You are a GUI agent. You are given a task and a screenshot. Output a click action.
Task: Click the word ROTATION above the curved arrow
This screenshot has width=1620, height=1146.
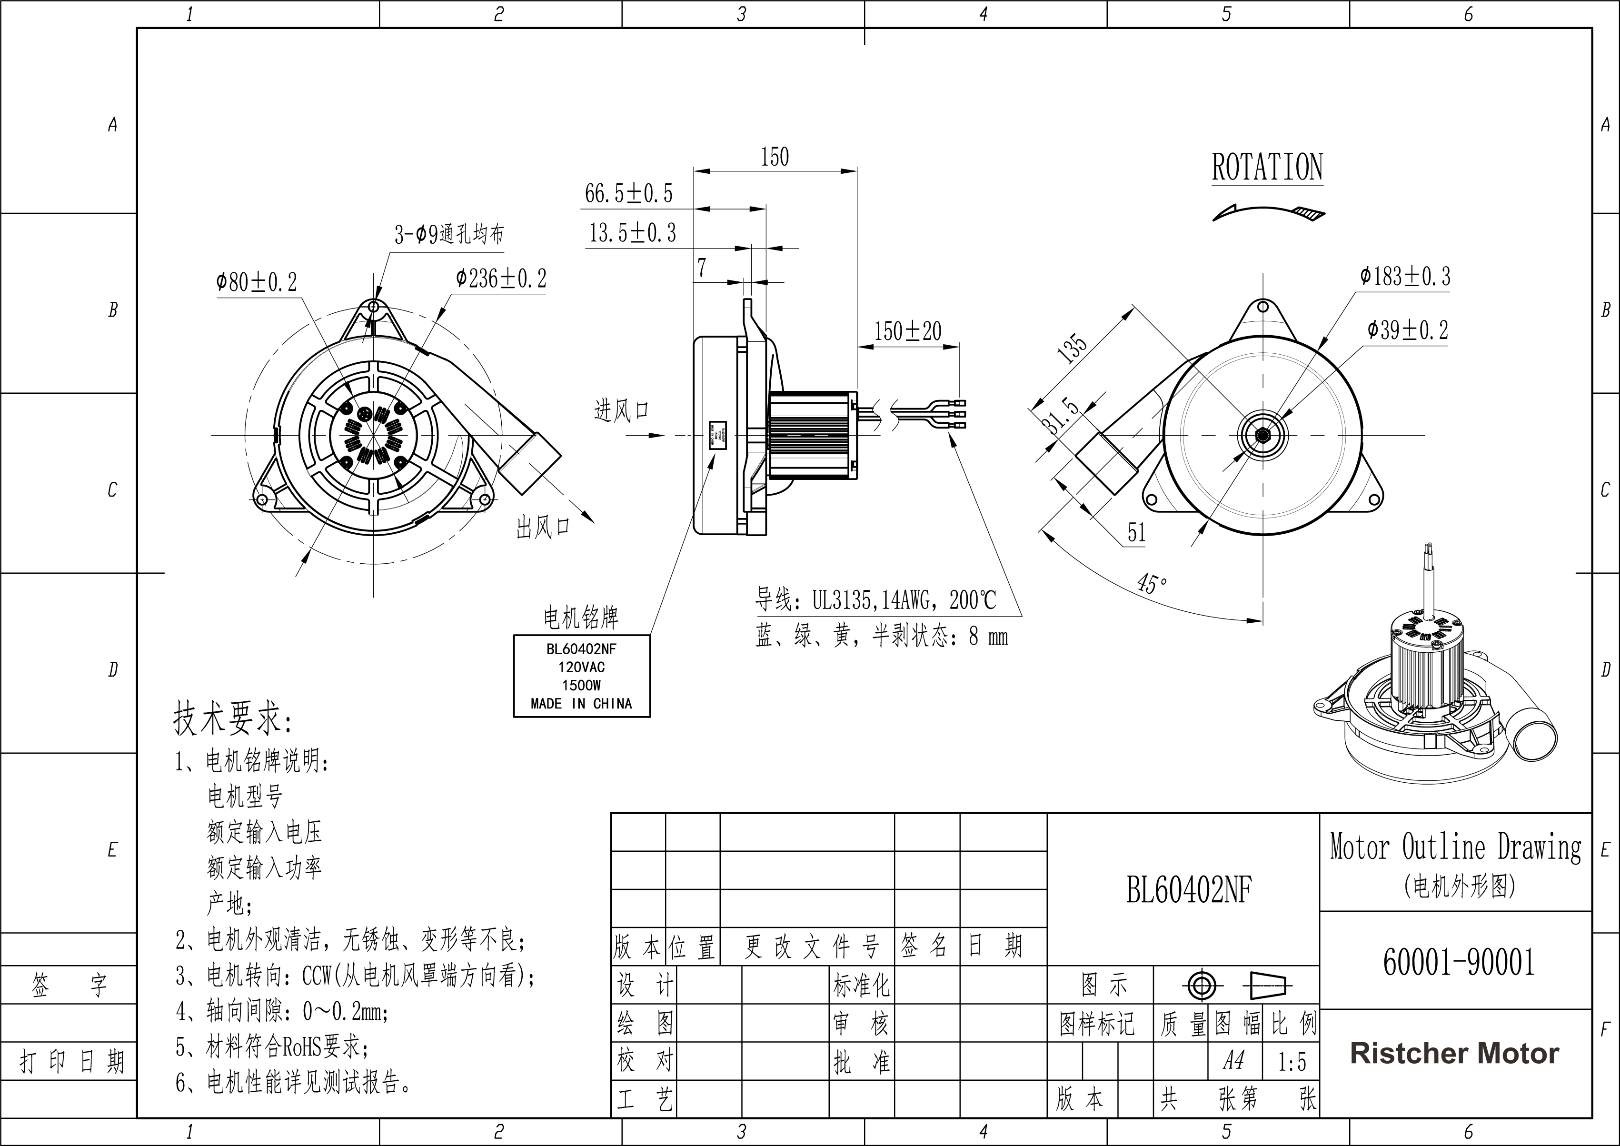[x=1267, y=168]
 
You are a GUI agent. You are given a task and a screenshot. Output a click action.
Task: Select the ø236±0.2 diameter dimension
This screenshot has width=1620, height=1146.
[x=501, y=279]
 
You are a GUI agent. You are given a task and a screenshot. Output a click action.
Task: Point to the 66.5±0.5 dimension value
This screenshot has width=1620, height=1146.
[x=629, y=193]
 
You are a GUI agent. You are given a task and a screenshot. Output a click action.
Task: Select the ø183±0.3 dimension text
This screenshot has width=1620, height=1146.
[x=1405, y=277]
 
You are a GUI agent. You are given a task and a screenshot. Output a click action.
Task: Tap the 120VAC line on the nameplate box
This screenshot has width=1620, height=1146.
[x=581, y=667]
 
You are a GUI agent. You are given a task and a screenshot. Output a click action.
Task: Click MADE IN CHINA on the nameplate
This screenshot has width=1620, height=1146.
[x=581, y=704]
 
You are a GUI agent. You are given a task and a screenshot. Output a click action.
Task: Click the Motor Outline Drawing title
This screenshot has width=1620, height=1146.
[x=1455, y=847]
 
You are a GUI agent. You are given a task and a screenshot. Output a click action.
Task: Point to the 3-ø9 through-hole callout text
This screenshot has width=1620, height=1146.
[x=449, y=234]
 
